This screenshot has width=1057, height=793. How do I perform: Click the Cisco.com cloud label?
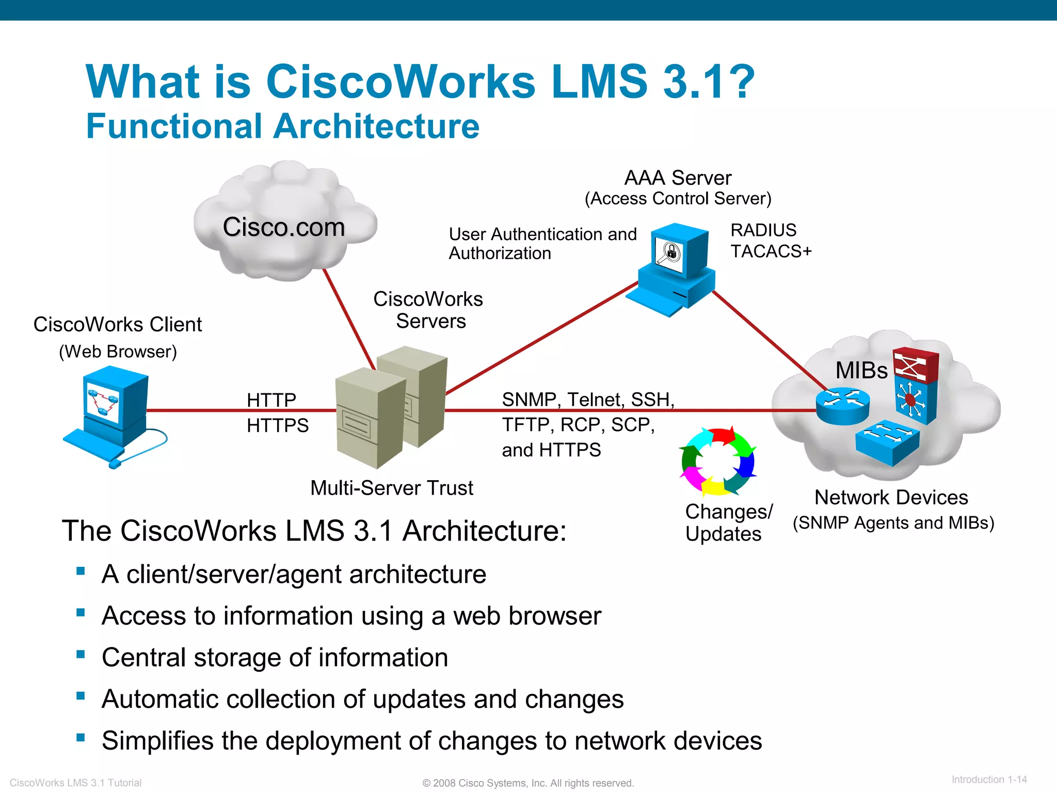click(x=283, y=227)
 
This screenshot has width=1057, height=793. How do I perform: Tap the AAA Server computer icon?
click(x=672, y=268)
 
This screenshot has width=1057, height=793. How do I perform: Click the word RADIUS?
click(x=763, y=230)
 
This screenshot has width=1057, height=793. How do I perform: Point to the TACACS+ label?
click(x=771, y=251)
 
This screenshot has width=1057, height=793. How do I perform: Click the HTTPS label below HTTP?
click(x=277, y=425)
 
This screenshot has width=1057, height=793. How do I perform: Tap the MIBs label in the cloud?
click(x=861, y=370)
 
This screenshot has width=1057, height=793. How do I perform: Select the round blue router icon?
click(x=842, y=406)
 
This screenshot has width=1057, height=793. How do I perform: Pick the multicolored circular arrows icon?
click(x=718, y=461)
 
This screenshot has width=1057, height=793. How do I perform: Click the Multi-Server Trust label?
click(x=391, y=488)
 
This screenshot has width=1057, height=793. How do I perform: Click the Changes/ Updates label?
click(x=728, y=522)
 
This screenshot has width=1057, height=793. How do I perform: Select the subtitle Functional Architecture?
click(x=282, y=126)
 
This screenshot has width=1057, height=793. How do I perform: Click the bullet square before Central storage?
click(x=81, y=655)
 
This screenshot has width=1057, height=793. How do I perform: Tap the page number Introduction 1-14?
click(x=989, y=780)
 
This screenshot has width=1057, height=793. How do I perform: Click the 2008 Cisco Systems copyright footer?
click(x=528, y=783)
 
